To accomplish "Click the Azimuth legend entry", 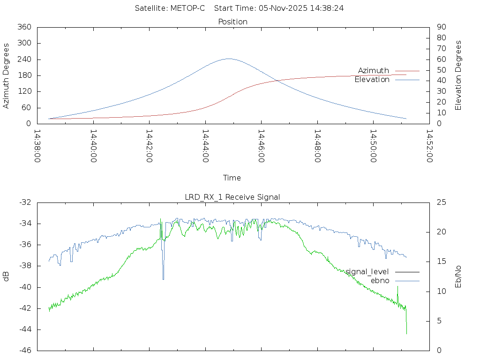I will click(374, 71).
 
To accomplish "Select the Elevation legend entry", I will click(372, 80).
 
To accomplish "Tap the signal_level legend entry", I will click(367, 272).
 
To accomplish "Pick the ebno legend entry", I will click(380, 281).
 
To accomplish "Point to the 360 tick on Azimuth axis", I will click(24, 27).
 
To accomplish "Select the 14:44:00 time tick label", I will click(205, 146).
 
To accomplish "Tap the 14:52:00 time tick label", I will click(429, 146).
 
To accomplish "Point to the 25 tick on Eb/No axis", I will click(441, 202).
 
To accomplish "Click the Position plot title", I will click(232, 22).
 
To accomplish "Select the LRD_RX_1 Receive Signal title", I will click(232, 197).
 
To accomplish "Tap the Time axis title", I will click(232, 178).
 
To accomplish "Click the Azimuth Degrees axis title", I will click(7, 75).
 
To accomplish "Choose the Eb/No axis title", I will click(458, 276).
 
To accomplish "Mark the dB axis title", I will click(7, 276).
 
